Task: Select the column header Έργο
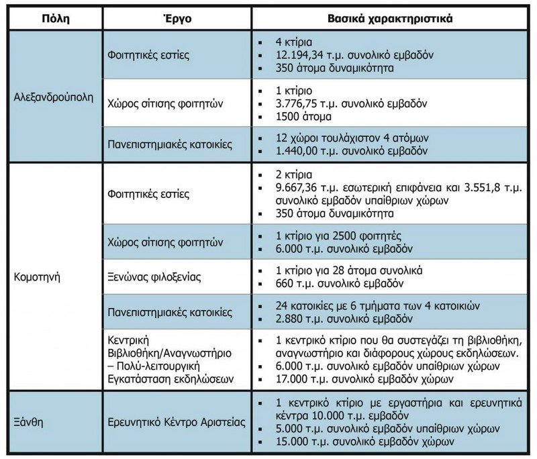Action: [177, 18]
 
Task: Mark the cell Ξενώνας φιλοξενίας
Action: [155, 276]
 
